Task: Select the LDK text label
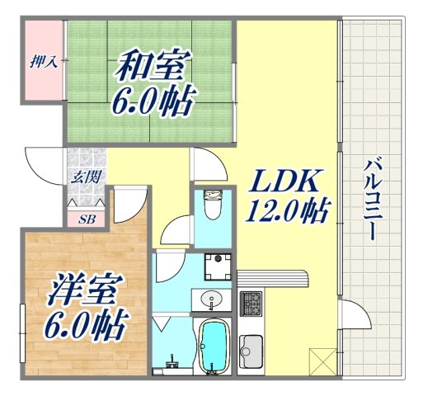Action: [x=284, y=181]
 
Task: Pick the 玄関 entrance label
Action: [x=85, y=177]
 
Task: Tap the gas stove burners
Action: [x=251, y=303]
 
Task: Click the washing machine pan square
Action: [x=218, y=265]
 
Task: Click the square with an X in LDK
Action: [x=320, y=361]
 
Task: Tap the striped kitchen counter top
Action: [x=272, y=277]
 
